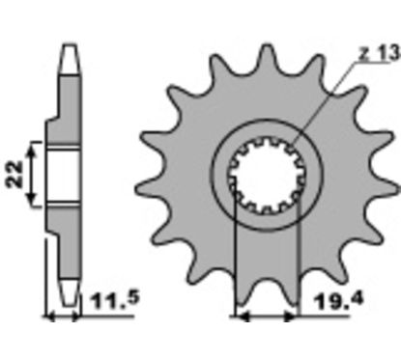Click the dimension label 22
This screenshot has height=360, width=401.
(x=15, y=174)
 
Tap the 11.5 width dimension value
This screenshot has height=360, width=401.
(x=116, y=300)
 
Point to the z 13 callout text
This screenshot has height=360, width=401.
(x=380, y=53)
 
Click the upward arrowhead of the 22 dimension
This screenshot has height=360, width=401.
(x=32, y=150)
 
